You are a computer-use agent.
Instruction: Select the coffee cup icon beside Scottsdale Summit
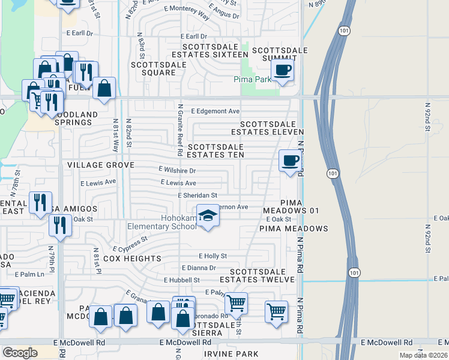pyautogui.click(x=282, y=70)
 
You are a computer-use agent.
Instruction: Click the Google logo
pyautogui.click(x=20, y=352)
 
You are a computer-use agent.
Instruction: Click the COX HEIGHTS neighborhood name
pyautogui.click(x=132, y=259)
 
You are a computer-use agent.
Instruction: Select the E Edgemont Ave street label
pyautogui.click(x=215, y=111)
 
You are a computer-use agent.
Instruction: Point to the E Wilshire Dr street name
pyautogui.click(x=177, y=170)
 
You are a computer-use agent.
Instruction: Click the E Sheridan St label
pyautogui.click(x=197, y=195)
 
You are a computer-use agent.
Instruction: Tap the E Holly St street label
pyautogui.click(x=212, y=256)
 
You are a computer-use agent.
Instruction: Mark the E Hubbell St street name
pyautogui.click(x=181, y=280)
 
